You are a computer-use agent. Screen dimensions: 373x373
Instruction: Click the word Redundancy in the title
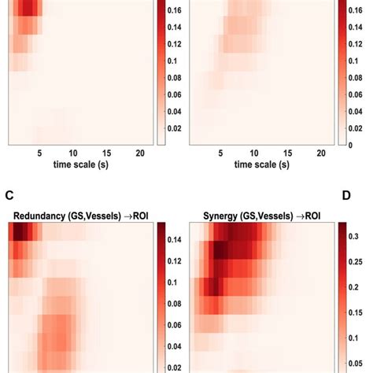pos(37,215)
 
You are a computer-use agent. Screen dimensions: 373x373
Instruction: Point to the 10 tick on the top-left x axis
pos(72,153)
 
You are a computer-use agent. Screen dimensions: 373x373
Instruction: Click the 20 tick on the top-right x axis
pos(321,153)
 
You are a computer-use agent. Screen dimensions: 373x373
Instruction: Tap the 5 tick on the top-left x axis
pos(39,153)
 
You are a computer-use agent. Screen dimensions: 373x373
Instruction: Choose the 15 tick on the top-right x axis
pos(288,153)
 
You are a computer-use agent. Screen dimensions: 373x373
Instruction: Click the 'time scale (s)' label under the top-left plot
pos(80,164)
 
